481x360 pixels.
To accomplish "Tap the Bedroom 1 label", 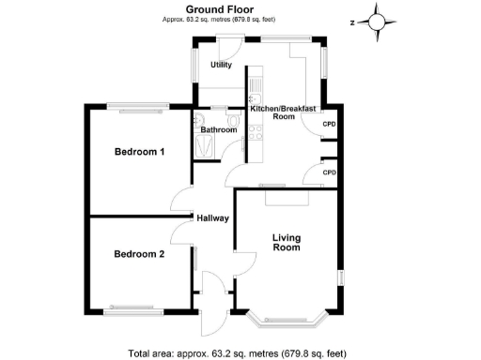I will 140,152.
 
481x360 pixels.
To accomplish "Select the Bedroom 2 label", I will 140,253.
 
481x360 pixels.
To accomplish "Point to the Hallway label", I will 213,218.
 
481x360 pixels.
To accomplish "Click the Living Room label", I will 287,243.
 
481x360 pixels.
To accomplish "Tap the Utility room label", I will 221,65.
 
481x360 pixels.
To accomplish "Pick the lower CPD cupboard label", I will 329,172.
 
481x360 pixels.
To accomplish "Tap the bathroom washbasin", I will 199,119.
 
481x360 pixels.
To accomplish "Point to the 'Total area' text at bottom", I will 237,353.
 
